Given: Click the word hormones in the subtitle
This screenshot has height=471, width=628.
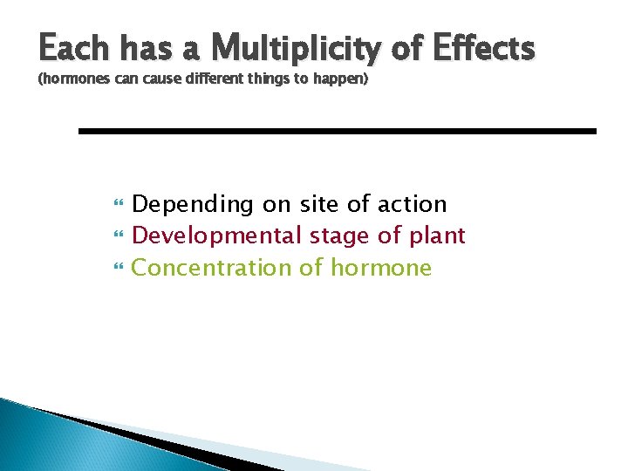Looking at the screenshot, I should click(x=73, y=80).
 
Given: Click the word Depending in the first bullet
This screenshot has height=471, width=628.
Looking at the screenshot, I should click(x=192, y=205).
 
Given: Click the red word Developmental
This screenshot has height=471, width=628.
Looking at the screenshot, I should click(x=216, y=236).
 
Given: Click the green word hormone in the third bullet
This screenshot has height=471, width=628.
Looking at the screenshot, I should click(x=380, y=268).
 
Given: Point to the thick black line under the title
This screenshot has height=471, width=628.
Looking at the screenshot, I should click(x=337, y=131).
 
